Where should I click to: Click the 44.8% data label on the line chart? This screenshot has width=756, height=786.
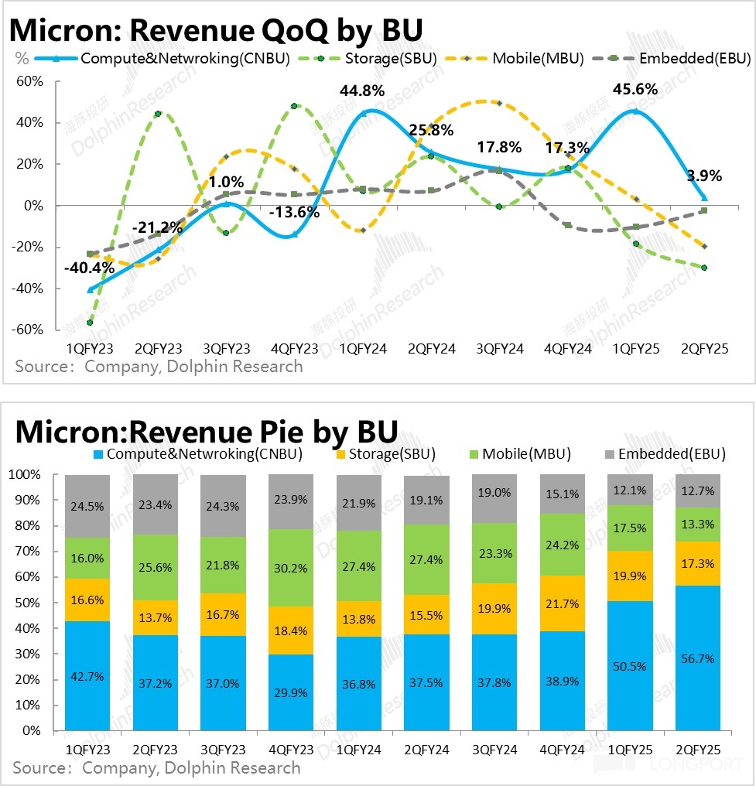[361, 91]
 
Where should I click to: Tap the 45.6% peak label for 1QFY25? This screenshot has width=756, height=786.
[635, 89]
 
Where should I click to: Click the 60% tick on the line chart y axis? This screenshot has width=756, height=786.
[29, 81]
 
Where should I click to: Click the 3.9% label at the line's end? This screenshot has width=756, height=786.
[704, 176]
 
